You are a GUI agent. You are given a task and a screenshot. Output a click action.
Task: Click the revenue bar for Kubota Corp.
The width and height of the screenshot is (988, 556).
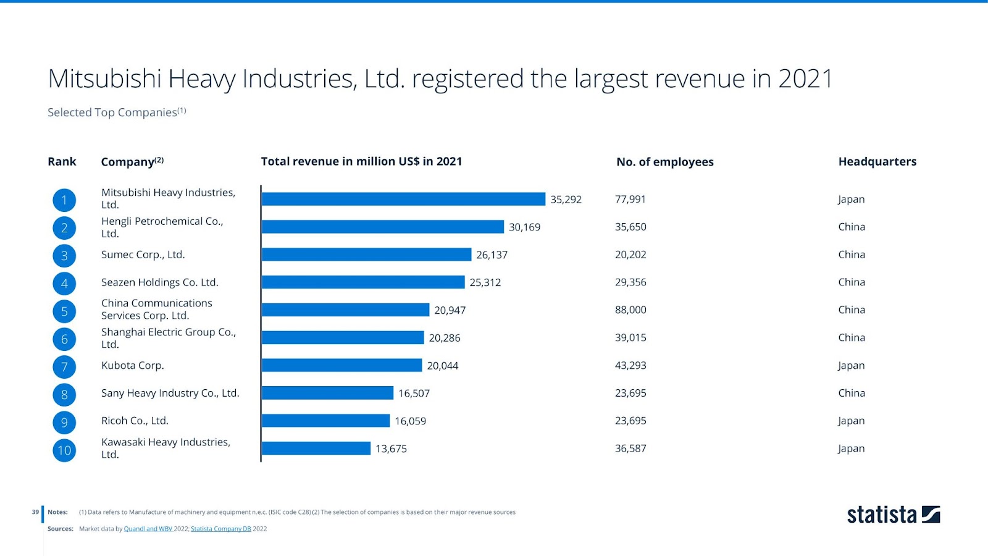tap(341, 365)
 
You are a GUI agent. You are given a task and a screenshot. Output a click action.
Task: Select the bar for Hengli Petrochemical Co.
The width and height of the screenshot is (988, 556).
tap(382, 227)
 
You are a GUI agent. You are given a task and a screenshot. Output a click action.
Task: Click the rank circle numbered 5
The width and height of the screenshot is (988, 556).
tap(64, 311)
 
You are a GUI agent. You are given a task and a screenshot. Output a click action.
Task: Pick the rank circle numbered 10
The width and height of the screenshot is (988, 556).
tap(64, 450)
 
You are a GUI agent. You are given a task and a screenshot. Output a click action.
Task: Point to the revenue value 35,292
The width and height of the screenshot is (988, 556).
tap(566, 200)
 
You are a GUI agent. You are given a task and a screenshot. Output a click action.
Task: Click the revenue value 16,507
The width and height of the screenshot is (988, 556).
tap(414, 394)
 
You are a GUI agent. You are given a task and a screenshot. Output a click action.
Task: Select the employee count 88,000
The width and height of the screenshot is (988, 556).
tap(630, 310)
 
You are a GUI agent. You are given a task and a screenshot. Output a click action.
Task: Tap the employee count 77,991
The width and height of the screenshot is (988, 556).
tap(630, 200)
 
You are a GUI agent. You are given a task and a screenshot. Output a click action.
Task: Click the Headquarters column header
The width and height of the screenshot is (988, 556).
tap(877, 162)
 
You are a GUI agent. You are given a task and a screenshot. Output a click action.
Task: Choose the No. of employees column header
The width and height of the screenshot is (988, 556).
tap(664, 162)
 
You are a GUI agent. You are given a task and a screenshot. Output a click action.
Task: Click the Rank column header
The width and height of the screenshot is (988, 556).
tap(62, 162)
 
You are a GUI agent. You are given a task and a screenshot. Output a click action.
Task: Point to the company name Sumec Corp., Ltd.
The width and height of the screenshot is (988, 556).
tap(143, 255)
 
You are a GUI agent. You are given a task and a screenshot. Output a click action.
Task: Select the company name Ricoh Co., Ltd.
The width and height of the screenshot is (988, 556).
tap(135, 421)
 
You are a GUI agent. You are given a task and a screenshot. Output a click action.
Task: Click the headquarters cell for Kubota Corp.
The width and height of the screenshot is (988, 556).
tap(851, 366)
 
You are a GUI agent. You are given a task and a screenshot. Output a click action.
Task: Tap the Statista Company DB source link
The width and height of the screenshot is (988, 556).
tap(220, 529)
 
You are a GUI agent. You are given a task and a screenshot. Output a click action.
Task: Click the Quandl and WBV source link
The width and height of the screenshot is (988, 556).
tap(148, 529)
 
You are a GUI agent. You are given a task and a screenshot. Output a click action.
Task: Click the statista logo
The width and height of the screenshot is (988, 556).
tap(893, 515)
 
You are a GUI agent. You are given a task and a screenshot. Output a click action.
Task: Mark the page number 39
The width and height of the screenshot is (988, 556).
tap(35, 512)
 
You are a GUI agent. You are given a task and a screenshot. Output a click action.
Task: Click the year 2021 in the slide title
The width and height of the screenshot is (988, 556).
tap(805, 79)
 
